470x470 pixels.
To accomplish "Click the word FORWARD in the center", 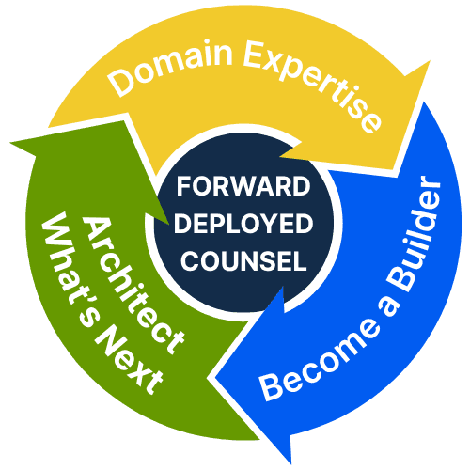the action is [243, 186].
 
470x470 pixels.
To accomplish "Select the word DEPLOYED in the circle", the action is [243, 224].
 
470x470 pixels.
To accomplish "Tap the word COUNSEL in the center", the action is [243, 260].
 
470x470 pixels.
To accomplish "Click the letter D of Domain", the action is [120, 82].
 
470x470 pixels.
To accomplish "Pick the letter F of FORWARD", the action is [183, 186].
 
